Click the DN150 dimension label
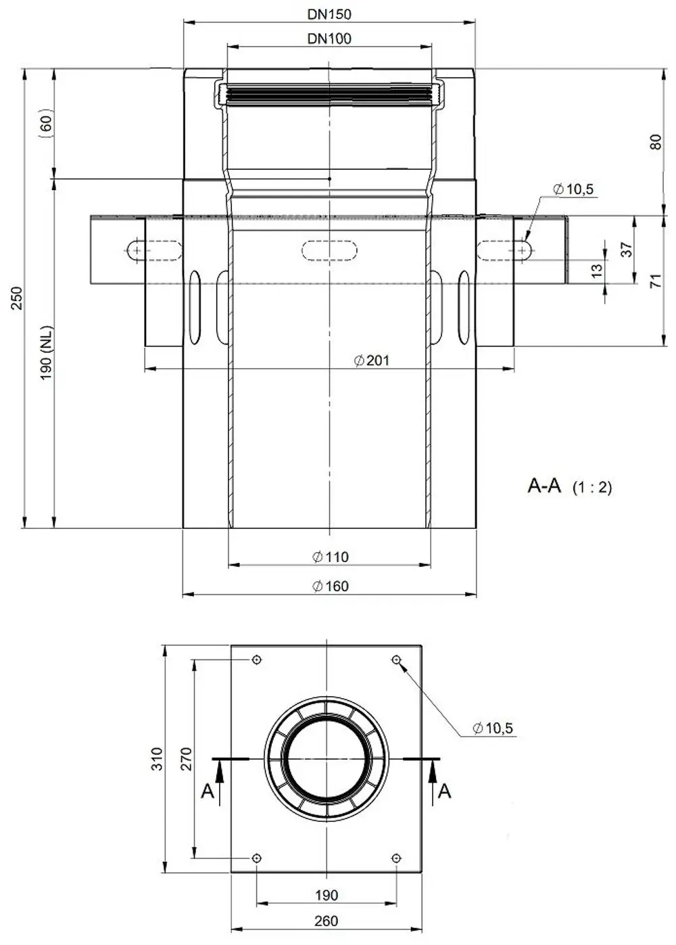point(329,14)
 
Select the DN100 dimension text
point(329,39)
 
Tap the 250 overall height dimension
point(16,298)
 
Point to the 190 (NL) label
point(47,352)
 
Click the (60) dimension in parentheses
point(47,123)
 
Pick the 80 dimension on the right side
point(656,142)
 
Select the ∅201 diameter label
point(372,361)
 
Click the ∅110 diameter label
point(330,557)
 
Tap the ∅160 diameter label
point(330,586)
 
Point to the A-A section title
point(544,486)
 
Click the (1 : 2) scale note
point(592,487)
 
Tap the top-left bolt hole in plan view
point(256,660)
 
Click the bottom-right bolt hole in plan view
point(396,858)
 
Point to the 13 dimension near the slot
point(596,271)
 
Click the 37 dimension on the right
point(627,250)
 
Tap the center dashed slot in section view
point(329,250)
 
